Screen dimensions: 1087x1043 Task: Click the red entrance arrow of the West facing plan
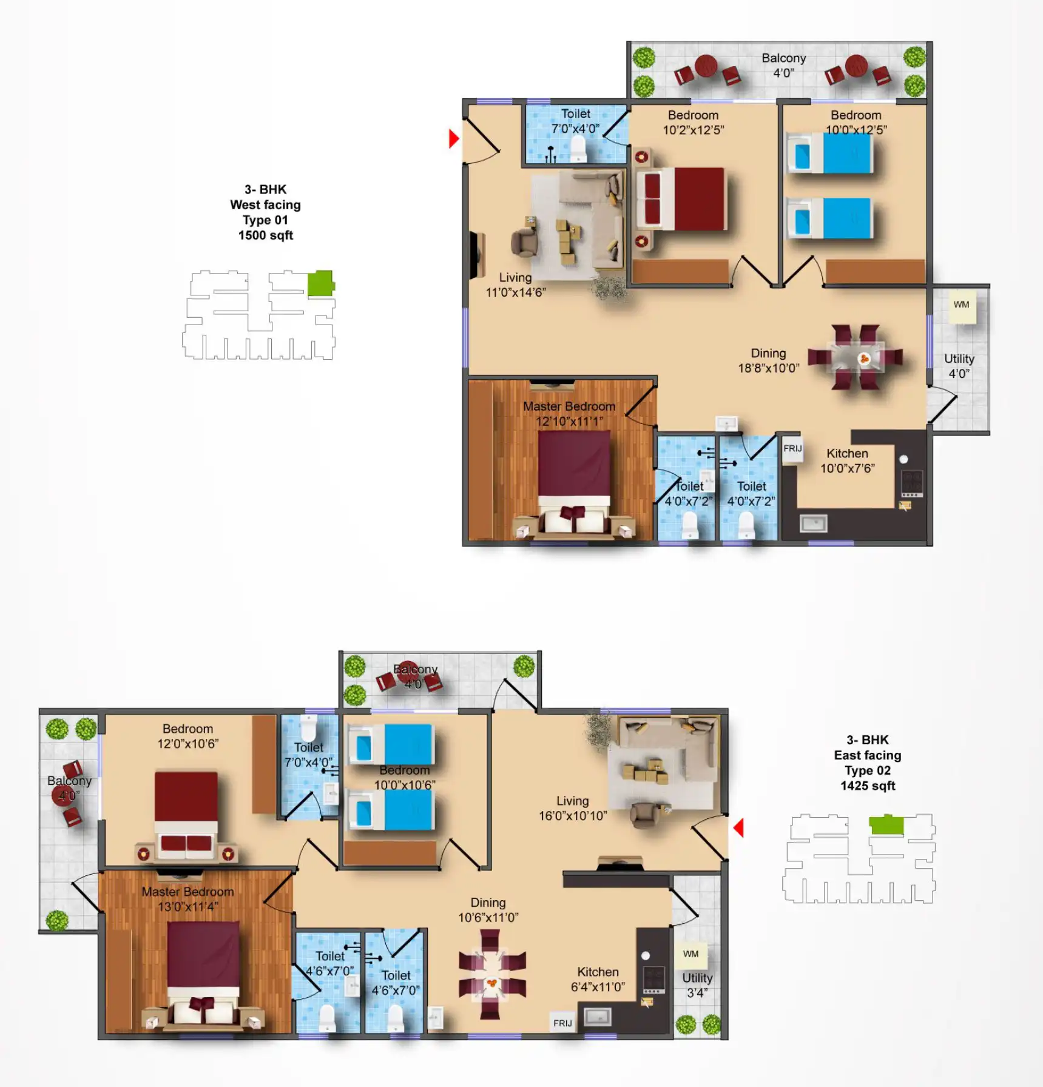tap(453, 139)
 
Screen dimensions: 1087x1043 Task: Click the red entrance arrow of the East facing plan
tap(738, 827)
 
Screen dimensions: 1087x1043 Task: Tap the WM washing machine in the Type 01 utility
tap(961, 306)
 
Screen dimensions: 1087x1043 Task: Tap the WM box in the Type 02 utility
tap(690, 954)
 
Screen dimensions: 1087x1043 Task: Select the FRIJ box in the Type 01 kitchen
tap(792, 449)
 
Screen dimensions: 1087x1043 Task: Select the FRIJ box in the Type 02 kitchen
tap(562, 1023)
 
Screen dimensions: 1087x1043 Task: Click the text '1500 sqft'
tap(266, 235)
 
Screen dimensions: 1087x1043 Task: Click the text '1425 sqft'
tap(868, 786)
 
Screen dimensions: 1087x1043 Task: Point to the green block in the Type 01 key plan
tap(320, 283)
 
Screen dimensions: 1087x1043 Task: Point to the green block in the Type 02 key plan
tap(886, 825)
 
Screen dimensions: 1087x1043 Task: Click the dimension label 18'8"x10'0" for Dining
tap(769, 368)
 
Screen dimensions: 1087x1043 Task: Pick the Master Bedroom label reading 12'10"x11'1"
tap(569, 421)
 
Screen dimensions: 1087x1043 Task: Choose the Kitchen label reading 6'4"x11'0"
tap(598, 987)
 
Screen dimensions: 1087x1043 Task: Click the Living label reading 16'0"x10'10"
tap(573, 816)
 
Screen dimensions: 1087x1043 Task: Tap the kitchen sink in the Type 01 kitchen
tap(813, 523)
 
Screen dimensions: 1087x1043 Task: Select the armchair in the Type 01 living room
tap(524, 241)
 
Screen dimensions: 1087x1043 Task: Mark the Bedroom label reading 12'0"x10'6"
tap(187, 744)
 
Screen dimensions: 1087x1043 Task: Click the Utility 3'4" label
tap(697, 986)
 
